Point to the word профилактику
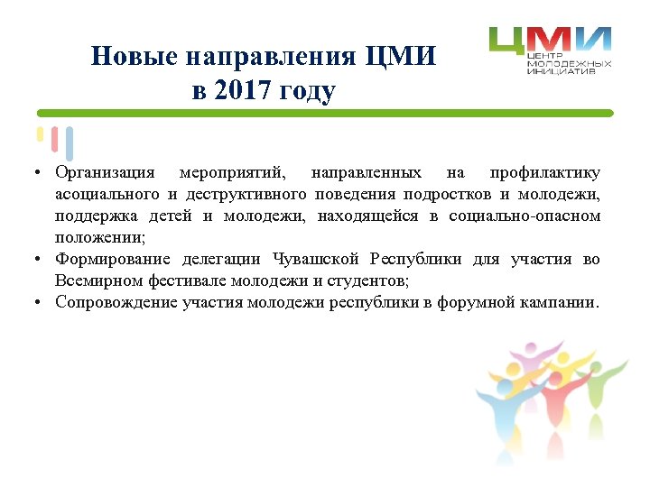click(544, 172)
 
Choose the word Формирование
click(112, 260)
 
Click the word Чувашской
click(318, 260)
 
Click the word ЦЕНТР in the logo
click(545, 56)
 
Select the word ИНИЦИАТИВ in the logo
click(562, 70)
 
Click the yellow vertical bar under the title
click(40, 134)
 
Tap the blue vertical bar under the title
click(70, 143)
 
